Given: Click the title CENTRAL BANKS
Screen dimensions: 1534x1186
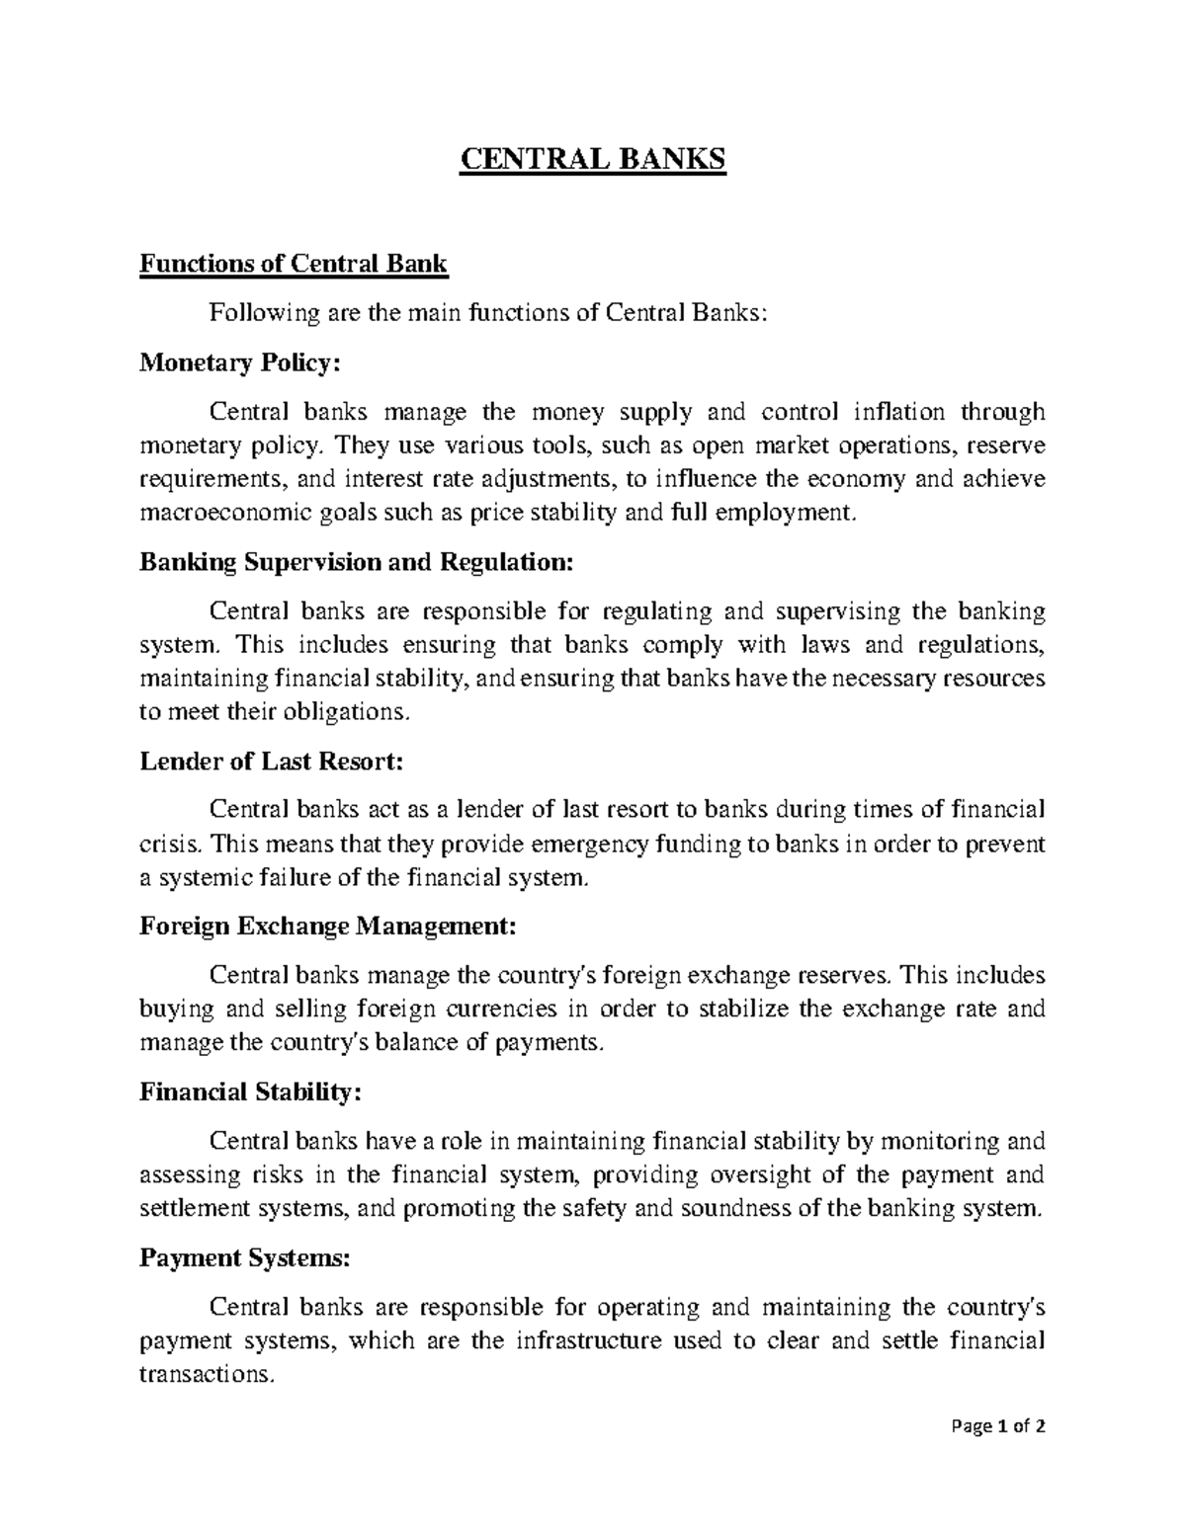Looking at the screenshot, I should pos(592,159).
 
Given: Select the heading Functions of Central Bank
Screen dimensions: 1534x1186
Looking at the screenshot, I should pos(294,264).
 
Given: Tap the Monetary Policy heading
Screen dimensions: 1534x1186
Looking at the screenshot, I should pos(239,363).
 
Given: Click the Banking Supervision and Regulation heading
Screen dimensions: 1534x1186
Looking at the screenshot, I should pos(356,562).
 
